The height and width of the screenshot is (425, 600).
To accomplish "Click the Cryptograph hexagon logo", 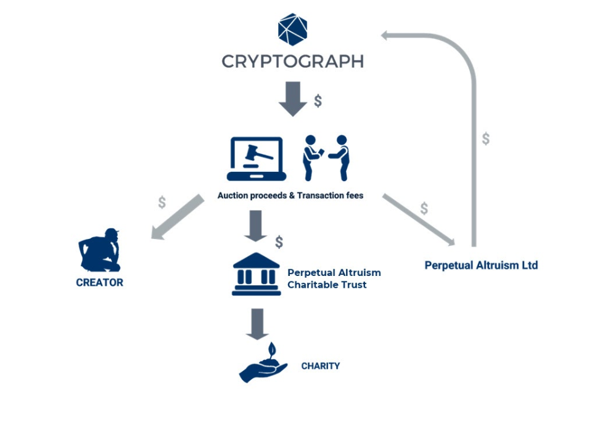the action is pyautogui.click(x=292, y=30).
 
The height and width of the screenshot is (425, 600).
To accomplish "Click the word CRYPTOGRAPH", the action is pyautogui.click(x=293, y=62).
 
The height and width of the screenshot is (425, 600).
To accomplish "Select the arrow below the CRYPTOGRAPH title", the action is pyautogui.click(x=293, y=99).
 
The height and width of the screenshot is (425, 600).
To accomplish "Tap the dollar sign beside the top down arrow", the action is pyautogui.click(x=318, y=101).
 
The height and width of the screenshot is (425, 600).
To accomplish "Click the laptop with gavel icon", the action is pyautogui.click(x=257, y=159).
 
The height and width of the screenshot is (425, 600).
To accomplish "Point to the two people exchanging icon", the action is pyautogui.click(x=326, y=158).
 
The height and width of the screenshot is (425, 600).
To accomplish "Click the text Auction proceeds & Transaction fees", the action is pyautogui.click(x=290, y=196).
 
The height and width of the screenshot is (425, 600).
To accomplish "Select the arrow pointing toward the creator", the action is pyautogui.click(x=177, y=217).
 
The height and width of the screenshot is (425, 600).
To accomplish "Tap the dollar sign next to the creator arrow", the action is pyautogui.click(x=162, y=202).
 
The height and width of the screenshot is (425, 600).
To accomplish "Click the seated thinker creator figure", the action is pyautogui.click(x=99, y=250).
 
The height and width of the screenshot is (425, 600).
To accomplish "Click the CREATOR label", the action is pyautogui.click(x=99, y=283).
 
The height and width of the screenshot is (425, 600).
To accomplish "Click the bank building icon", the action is pyautogui.click(x=257, y=274).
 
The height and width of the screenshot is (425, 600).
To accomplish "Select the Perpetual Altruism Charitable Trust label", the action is pyautogui.click(x=334, y=278).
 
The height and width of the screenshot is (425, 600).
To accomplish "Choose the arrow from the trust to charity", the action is pyautogui.click(x=257, y=324).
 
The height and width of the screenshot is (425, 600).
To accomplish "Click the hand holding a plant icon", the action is pyautogui.click(x=263, y=363).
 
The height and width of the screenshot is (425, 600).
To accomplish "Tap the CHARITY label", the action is pyautogui.click(x=321, y=366).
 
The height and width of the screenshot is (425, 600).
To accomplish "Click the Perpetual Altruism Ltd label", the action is pyautogui.click(x=482, y=265).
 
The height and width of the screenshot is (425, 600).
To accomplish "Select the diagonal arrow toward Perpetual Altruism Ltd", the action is pyautogui.click(x=419, y=220).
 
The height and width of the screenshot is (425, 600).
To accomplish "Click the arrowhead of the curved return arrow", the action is pyautogui.click(x=385, y=36).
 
